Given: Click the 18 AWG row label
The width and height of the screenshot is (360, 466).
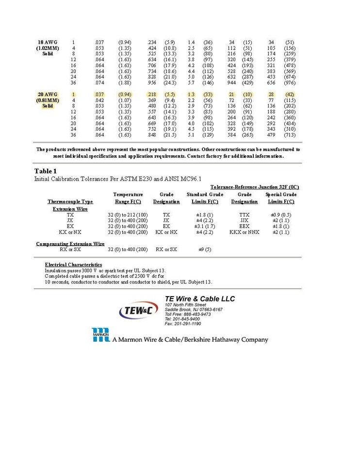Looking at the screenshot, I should pyautogui.click(x=44, y=42).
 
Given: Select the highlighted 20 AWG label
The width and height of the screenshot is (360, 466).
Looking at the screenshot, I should pyautogui.click(x=44, y=94).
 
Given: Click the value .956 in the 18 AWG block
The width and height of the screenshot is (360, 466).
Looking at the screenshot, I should pyautogui.click(x=152, y=83).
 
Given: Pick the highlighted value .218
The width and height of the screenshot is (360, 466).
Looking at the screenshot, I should pyautogui.click(x=152, y=94).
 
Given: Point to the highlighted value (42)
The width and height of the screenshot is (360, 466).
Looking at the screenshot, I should pyautogui.click(x=289, y=94).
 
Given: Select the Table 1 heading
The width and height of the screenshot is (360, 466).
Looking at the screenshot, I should pyautogui.click(x=46, y=171).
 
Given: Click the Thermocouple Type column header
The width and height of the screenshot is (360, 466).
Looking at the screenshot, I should pyautogui.click(x=70, y=201).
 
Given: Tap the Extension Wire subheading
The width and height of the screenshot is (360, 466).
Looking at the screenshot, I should pyautogui.click(x=70, y=209).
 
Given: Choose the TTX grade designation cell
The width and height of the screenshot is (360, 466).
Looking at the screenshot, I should pyautogui.click(x=244, y=215).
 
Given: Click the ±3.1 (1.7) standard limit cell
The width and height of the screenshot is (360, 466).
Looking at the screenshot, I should pyautogui.click(x=202, y=226).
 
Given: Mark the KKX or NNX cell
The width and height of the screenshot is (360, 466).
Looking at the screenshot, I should pyautogui.click(x=244, y=232).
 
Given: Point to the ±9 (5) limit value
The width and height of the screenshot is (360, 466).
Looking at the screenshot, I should pyautogui.click(x=205, y=250).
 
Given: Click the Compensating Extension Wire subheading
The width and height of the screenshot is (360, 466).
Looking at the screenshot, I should pyautogui.click(x=70, y=244).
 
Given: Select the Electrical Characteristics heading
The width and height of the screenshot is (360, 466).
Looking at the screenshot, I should pyautogui.click(x=73, y=265).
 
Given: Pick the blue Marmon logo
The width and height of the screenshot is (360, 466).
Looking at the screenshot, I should pyautogui.click(x=101, y=335).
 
